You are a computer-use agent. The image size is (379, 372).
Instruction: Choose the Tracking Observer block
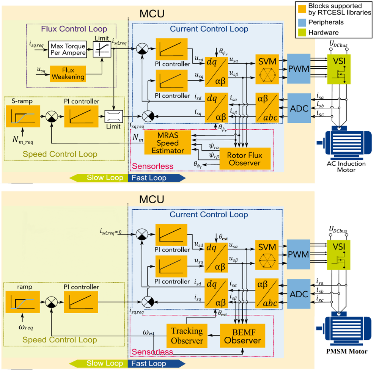187,336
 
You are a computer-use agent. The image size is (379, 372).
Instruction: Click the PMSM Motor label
346,352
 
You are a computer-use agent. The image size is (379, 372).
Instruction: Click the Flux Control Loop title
74,29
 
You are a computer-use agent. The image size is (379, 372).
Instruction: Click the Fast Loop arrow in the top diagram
156,178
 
